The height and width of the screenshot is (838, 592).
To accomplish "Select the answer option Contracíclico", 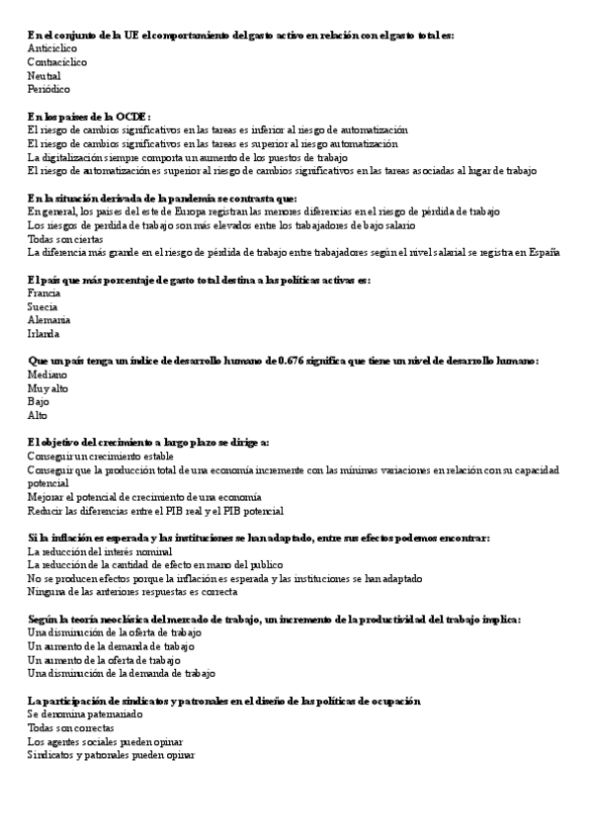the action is pyautogui.click(x=57, y=62).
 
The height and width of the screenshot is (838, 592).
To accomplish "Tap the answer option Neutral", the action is pyautogui.click(x=44, y=75).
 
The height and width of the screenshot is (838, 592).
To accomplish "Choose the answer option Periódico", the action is pyautogui.click(x=48, y=89).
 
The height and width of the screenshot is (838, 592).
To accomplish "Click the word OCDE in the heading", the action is pyautogui.click(x=130, y=117).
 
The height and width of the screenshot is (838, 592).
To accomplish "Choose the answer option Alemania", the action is pyautogui.click(x=49, y=320).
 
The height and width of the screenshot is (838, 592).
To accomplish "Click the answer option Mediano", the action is pyautogui.click(x=47, y=376).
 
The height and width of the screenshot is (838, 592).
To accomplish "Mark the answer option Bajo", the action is pyautogui.click(x=39, y=402).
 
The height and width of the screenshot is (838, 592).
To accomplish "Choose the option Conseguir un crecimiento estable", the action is pyautogui.click(x=101, y=457).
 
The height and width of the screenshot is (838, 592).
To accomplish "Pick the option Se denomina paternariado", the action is pyautogui.click(x=86, y=714).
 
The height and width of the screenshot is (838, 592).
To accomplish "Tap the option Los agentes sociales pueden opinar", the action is pyautogui.click(x=105, y=741).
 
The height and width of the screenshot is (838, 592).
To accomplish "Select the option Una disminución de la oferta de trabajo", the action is pyautogui.click(x=115, y=632).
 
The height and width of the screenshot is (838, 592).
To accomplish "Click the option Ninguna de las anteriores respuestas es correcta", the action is pyautogui.click(x=132, y=592).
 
